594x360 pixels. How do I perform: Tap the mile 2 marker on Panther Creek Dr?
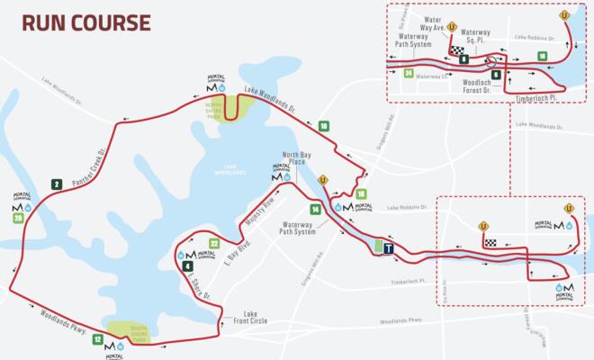56,184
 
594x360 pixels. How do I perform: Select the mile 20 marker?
17,219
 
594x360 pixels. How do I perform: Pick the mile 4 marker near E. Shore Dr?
187,266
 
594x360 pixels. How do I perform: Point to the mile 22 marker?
213,244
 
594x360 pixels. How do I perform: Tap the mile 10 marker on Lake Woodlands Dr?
322,127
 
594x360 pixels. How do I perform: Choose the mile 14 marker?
315,210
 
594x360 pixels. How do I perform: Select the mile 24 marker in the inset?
409,73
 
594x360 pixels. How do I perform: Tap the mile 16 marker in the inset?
542,56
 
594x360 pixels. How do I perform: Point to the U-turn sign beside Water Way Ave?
452,27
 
